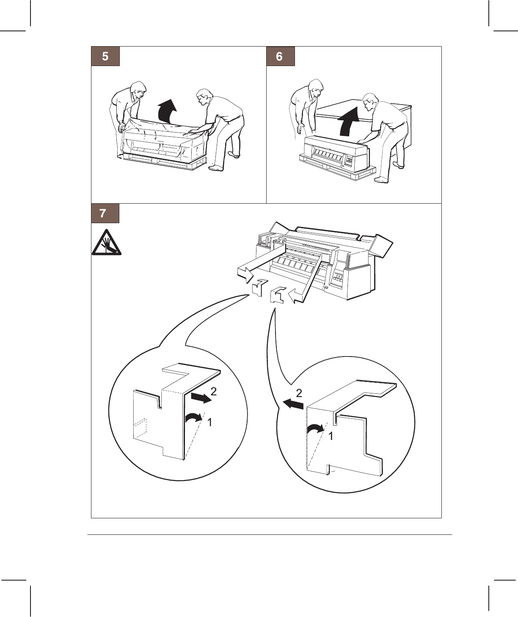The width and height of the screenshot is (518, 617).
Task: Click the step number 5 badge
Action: pos(105,56)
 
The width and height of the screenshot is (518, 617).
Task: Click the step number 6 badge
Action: pos(280,56)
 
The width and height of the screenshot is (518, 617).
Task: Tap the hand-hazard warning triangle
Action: pos(106,243)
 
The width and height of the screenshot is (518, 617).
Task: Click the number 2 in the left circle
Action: pos(214,392)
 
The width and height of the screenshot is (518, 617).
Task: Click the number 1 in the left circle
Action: pos(209,422)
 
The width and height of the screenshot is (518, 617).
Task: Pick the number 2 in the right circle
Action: pos(299,393)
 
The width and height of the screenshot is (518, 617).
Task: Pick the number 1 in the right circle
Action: pos(331,436)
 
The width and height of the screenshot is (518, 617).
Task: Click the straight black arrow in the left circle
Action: pos(201,398)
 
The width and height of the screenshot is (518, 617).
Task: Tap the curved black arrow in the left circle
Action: pos(194,418)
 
